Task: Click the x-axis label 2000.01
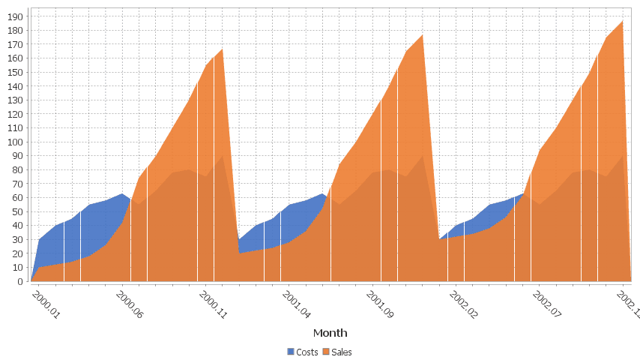tap(46, 304)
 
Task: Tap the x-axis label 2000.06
tap(129, 304)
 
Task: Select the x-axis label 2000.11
tap(213, 304)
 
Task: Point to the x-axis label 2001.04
tap(297, 304)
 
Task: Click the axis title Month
tap(330, 332)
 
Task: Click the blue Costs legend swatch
tap(292, 352)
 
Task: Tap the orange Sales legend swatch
tap(327, 352)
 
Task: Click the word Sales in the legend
tap(342, 352)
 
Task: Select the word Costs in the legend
tap(307, 352)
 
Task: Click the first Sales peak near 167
tap(223, 49)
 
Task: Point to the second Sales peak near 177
tap(423, 35)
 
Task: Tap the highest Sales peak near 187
tap(623, 21)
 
